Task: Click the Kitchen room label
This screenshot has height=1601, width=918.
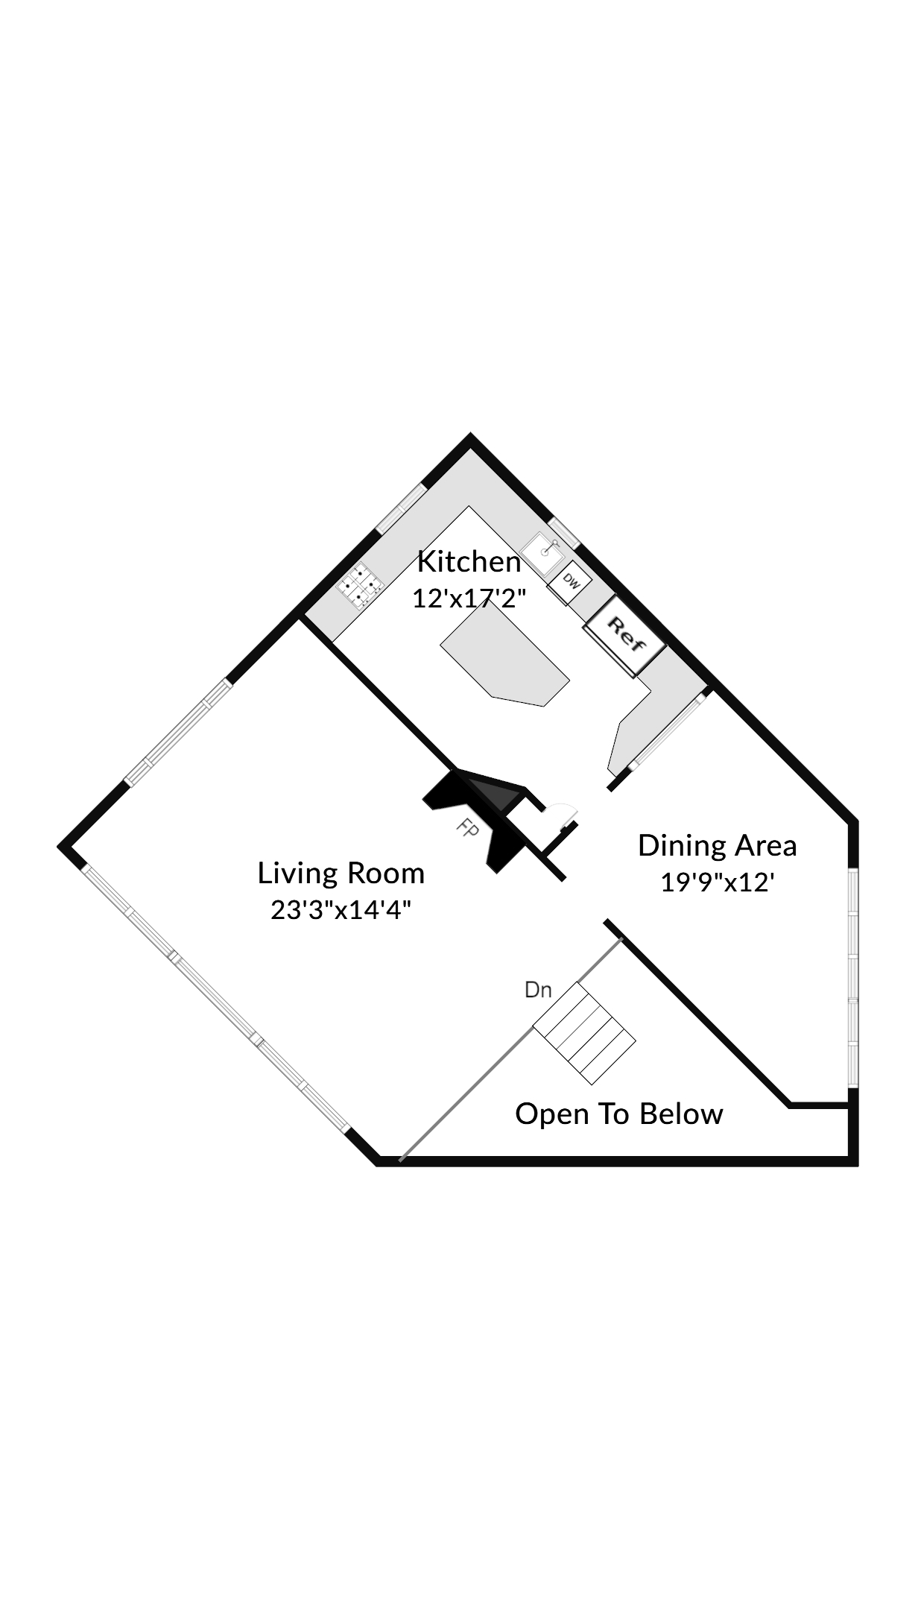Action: point(469,562)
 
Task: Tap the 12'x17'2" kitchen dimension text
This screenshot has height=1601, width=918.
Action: point(469,598)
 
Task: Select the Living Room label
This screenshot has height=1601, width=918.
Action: point(341,873)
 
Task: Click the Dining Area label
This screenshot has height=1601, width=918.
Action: point(718,845)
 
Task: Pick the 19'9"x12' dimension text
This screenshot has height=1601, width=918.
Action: point(718,882)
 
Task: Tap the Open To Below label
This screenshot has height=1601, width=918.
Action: point(619,1114)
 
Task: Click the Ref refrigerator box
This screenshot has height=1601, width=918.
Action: point(625,636)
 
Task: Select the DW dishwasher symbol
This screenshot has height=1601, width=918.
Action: point(570,581)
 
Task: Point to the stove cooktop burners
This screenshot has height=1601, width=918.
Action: point(360,586)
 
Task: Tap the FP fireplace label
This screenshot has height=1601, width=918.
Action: point(467,830)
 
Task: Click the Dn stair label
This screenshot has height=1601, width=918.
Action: point(538,990)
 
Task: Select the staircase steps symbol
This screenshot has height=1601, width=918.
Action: point(584,1033)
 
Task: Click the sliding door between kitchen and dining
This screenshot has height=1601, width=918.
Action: point(667,731)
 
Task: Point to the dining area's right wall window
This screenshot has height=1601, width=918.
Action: point(854,976)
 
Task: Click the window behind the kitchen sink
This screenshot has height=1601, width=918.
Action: point(565,532)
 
